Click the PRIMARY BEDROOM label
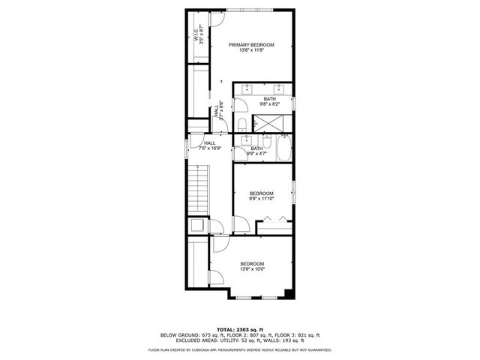pyautogui.click(x=251, y=45)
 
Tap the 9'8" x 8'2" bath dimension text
pyautogui.click(x=268, y=103)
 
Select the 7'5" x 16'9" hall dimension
pyautogui.click(x=209, y=148)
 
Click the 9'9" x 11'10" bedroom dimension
pyautogui.click(x=262, y=199)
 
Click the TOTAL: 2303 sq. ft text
pyautogui.click(x=240, y=329)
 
